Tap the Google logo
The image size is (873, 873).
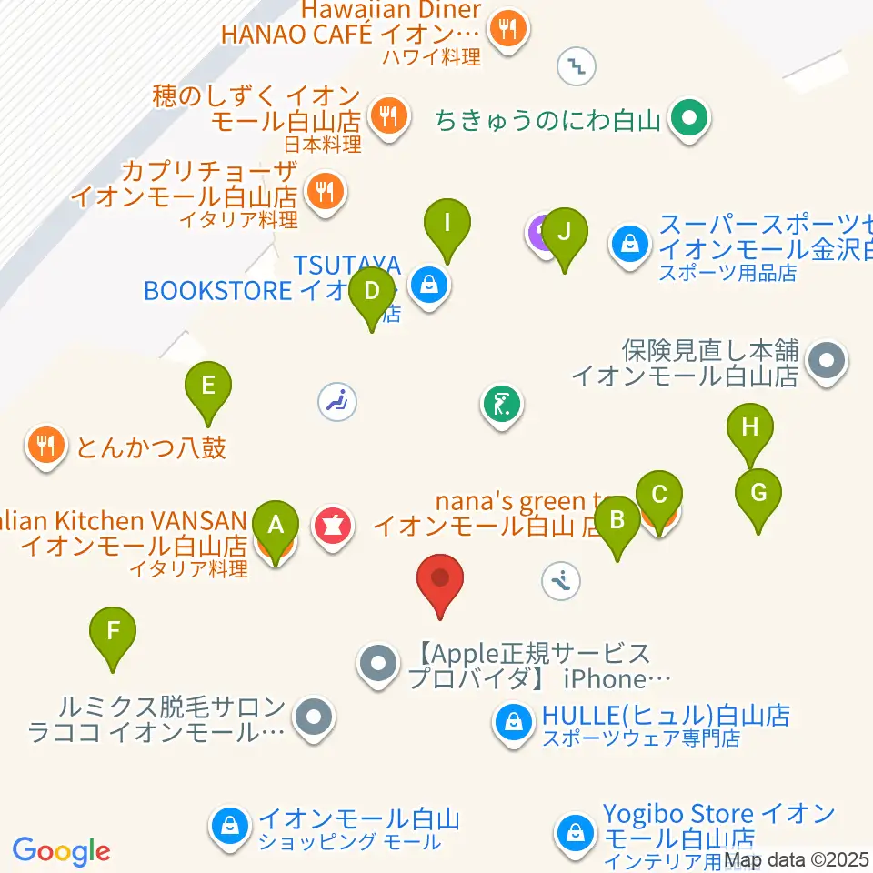pos(62,851)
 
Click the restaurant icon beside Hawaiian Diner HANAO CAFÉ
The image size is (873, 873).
pos(507,28)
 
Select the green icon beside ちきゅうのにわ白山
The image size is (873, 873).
pos(688,118)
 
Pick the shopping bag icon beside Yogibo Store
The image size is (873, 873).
pos(576,831)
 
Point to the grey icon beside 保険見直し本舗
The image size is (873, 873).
pos(826,362)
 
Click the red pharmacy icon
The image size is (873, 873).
pos(332,526)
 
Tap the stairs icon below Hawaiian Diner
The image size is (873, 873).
pos(577,65)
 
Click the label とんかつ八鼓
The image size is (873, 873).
pos(151,447)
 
